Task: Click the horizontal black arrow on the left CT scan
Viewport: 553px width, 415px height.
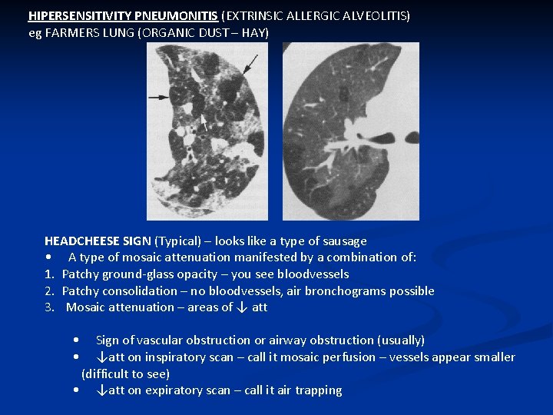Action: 159,97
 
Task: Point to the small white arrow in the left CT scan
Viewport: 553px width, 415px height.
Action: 204,122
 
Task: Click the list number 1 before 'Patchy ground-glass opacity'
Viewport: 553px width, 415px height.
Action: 48,274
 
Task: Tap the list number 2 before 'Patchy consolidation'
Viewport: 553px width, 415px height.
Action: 48,290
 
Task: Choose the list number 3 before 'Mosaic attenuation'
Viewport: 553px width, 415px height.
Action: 48,307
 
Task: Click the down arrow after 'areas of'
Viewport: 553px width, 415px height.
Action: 241,307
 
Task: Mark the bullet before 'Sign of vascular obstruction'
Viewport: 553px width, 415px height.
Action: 75,340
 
